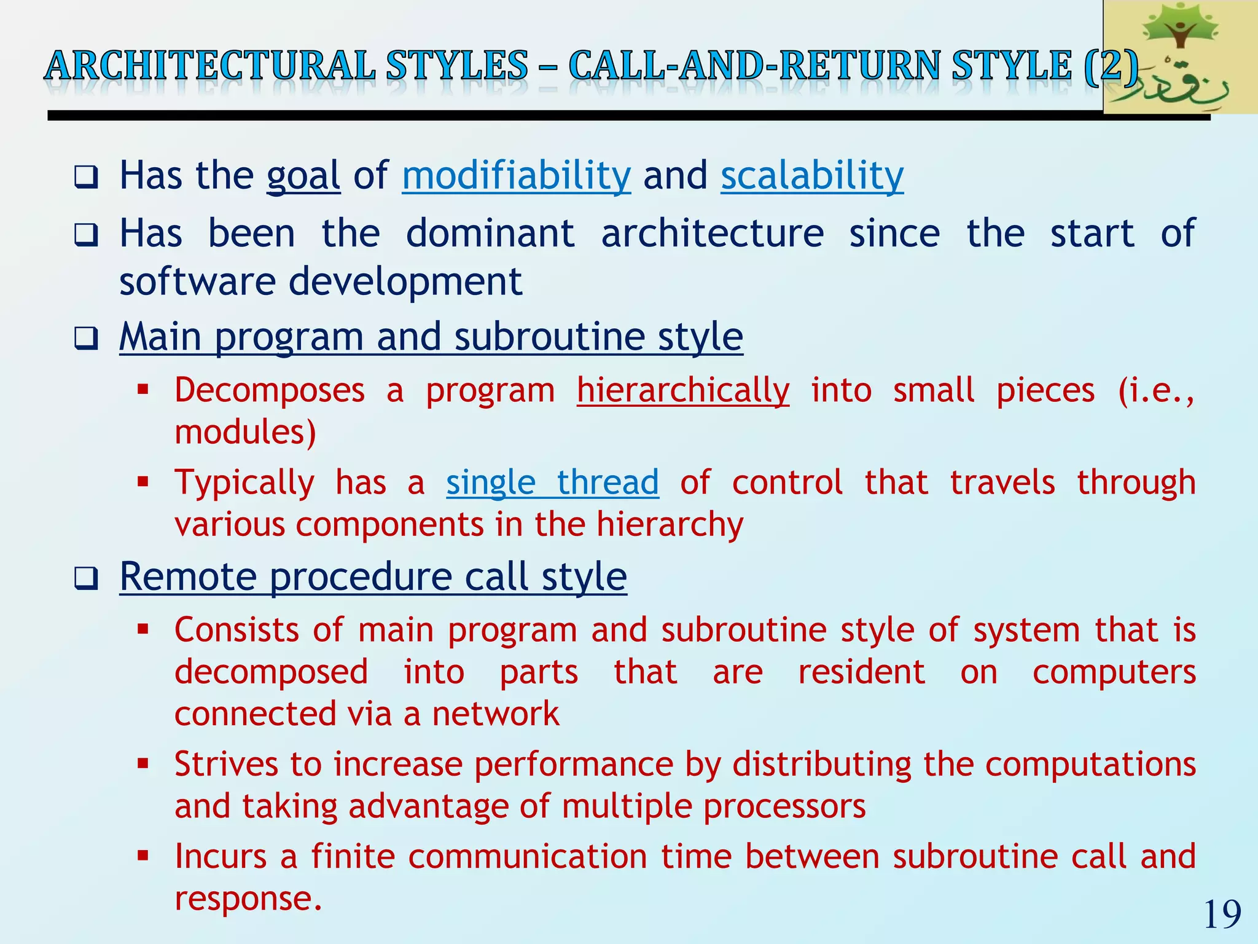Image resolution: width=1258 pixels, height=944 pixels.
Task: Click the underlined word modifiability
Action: [x=516, y=176]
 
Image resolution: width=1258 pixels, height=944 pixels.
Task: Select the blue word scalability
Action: [x=812, y=176]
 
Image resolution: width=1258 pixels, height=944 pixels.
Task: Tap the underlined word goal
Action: [x=303, y=177]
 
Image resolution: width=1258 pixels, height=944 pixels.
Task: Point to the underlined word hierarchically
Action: [x=683, y=391]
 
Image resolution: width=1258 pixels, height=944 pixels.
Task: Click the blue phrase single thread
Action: [x=552, y=482]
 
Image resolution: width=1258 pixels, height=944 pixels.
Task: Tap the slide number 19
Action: [x=1222, y=914]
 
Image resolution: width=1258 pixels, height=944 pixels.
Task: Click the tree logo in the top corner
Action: [x=1179, y=57]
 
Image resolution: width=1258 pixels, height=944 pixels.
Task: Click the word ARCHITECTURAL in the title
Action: [x=210, y=66]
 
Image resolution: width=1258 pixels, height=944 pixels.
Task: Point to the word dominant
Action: [x=490, y=234]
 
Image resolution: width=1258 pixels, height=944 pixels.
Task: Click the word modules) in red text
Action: [x=245, y=431]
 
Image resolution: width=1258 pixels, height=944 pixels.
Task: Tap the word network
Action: [x=495, y=714]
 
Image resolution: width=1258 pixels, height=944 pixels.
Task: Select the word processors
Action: [x=784, y=806]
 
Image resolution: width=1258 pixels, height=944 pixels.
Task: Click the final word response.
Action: [x=248, y=899]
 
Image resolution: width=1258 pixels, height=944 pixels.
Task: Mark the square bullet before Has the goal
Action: [x=86, y=178]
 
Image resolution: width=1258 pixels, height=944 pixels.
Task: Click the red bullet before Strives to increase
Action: [x=143, y=764]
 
